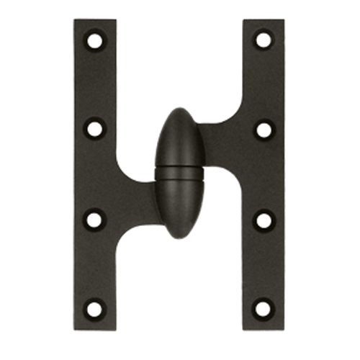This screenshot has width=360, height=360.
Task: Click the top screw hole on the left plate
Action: [95, 40]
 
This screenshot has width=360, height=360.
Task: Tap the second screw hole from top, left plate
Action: [95, 130]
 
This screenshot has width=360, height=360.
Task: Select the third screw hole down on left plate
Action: [95, 220]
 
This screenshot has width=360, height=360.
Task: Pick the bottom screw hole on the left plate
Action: [95, 309]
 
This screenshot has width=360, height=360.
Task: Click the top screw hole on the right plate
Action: [264, 40]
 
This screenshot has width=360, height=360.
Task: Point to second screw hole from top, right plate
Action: [264, 130]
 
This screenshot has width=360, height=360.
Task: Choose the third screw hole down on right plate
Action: [264, 220]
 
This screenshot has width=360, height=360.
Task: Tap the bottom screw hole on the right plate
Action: [264, 309]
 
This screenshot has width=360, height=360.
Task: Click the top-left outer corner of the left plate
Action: [75, 20]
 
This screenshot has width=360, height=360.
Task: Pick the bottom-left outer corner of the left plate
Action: [75, 328]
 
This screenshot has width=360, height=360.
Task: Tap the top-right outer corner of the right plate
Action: [285, 20]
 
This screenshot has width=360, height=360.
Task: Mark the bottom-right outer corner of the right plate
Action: [285, 328]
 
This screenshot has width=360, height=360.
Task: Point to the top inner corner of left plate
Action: [115, 20]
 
